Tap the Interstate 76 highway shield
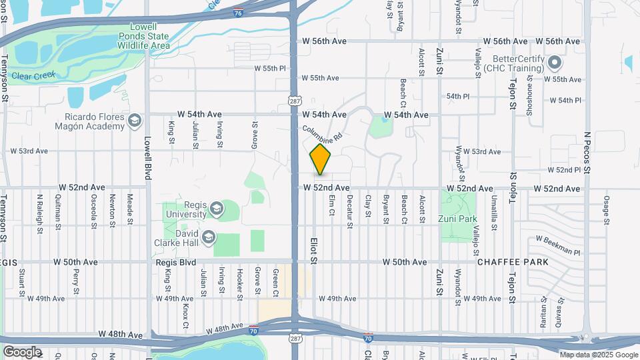pyautogui.click(x=239, y=13)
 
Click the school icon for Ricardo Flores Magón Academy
pyautogui.click(x=135, y=120)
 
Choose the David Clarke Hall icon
pyautogui.click(x=209, y=237)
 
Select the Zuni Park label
pyautogui.click(x=458, y=219)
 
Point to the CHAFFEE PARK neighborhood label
pyautogui.click(x=513, y=262)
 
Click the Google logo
pyautogui.click(x=21, y=352)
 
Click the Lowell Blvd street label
pyautogui.click(x=148, y=159)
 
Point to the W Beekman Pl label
pyautogui.click(x=558, y=245)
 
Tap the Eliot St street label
pyautogui.click(x=311, y=247)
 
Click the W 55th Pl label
pyautogui.click(x=270, y=68)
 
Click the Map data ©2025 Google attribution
pyautogui.click(x=597, y=355)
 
